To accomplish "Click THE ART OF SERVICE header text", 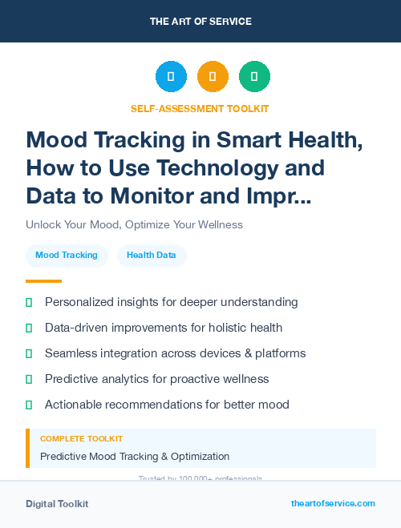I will click(x=200, y=21).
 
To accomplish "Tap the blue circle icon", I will click(x=171, y=77).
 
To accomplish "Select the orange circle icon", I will click(x=213, y=77).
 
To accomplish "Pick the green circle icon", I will click(x=254, y=77).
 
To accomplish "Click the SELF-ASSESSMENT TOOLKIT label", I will click(x=200, y=108).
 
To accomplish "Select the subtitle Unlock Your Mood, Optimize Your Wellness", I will click(x=134, y=224).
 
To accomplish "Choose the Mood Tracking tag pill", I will click(x=67, y=256).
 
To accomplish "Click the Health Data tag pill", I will click(x=152, y=256).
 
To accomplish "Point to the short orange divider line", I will click(x=43, y=281).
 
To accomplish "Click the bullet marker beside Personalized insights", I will click(x=29, y=302).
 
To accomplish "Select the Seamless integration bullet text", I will click(x=175, y=353).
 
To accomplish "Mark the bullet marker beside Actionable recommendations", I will click(x=29, y=405).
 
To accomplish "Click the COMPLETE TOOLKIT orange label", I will click(x=81, y=439).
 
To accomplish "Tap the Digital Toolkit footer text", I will click(x=57, y=504).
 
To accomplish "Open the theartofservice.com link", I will click(x=333, y=503).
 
